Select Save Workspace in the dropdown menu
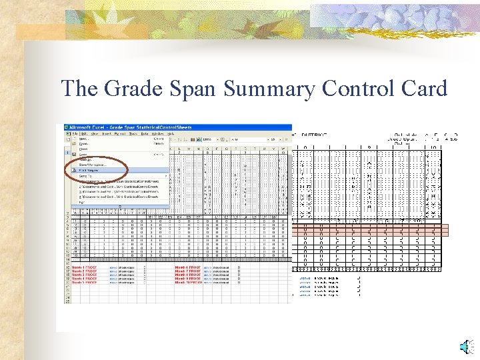click(93, 165)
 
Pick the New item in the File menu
click(83, 139)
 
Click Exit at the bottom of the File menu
click(81, 201)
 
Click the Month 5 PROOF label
click(85, 282)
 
